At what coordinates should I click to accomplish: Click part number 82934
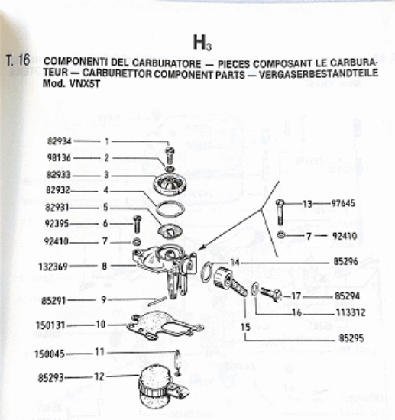[60, 141]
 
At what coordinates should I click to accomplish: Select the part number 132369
[53, 267]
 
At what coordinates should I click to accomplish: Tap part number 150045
[50, 354]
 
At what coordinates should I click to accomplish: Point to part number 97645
[343, 203]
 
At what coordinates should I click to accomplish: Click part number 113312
[351, 312]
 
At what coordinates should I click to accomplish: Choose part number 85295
[351, 338]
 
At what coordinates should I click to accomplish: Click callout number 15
[245, 327]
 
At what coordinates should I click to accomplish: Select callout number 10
[101, 325]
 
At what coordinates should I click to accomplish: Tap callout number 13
[307, 204]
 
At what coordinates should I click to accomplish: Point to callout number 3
[106, 175]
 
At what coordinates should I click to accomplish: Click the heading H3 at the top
[202, 43]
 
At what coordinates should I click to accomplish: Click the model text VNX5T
[84, 84]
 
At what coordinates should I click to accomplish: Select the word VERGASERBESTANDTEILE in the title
[319, 73]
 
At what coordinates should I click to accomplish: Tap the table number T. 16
[18, 60]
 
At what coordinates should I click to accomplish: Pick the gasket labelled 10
[164, 325]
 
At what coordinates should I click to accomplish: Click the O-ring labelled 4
[170, 208]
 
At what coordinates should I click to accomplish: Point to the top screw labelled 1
[170, 155]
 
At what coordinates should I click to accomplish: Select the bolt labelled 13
[280, 213]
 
